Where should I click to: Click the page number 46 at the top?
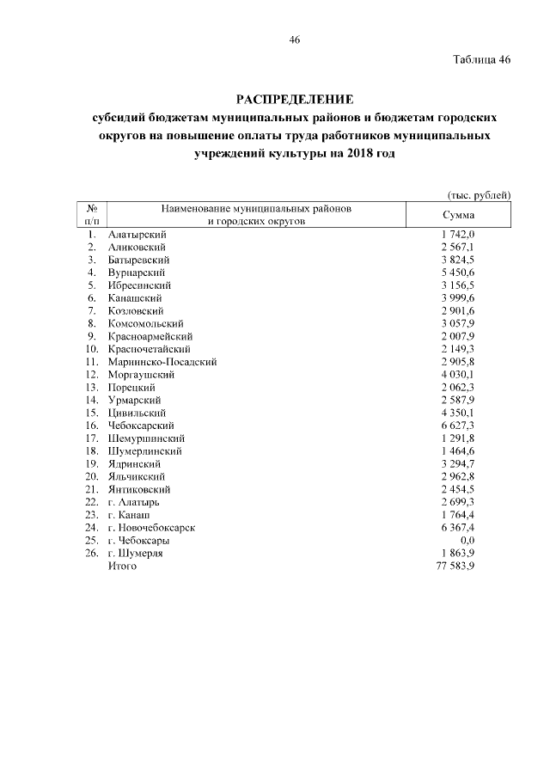pos(295,40)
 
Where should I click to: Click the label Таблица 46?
pos(481,60)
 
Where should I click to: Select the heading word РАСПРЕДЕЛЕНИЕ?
pos(295,98)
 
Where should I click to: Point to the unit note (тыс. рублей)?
pos(480,195)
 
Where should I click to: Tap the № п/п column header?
pos(91,215)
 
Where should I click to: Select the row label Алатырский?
pos(137,235)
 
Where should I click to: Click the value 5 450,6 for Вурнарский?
pos(458,273)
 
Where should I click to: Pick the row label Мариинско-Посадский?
pos(162,362)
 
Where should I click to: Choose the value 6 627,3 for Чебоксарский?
pos(458,426)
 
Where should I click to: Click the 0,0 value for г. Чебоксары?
pos(467,541)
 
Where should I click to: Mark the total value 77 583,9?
pos(455,567)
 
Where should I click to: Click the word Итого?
pos(124,567)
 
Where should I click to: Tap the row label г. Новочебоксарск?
pos(152,528)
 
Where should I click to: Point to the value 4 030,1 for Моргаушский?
pos(458,375)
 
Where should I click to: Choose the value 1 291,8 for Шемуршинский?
pos(458,438)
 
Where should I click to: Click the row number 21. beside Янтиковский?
pos(91,489)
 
